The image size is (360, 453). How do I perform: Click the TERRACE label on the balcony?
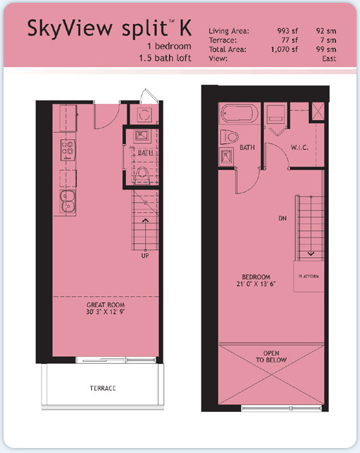[x=103, y=388]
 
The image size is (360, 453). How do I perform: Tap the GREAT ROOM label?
[x=105, y=305]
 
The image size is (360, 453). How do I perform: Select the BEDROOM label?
[x=256, y=277]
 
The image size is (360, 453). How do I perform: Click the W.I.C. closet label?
[x=300, y=147]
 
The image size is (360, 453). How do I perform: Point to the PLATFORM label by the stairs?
[x=309, y=276]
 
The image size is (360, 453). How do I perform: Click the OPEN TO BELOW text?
[x=271, y=356]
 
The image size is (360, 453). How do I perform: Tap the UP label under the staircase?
[x=145, y=256]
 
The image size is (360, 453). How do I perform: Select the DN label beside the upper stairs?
[x=282, y=218]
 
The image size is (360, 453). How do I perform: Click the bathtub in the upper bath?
[x=239, y=114]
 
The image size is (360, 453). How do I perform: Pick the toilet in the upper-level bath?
[x=229, y=136]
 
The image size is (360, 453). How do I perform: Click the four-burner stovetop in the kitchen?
[x=68, y=150]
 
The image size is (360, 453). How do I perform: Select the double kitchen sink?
[x=68, y=201]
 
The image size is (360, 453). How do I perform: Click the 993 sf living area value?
[x=287, y=31]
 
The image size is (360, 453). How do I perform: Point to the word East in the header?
[x=329, y=59]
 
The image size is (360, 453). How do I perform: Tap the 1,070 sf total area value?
[x=284, y=49]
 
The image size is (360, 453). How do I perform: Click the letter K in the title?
[x=185, y=28]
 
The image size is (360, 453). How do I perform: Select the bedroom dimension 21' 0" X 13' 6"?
[x=256, y=283]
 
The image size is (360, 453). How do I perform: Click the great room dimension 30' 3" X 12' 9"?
[x=105, y=312]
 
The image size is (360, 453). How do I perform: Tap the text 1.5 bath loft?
[x=165, y=58]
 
